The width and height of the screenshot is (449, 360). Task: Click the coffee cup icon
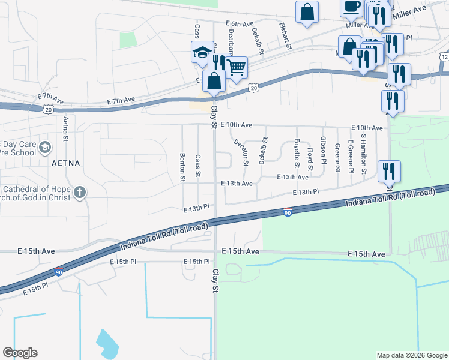(x=351, y=7)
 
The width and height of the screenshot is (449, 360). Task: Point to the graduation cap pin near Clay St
(x=202, y=52)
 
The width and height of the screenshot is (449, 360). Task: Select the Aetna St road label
(x=65, y=128)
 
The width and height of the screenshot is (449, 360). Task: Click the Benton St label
(x=182, y=167)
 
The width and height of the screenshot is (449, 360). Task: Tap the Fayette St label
(x=297, y=152)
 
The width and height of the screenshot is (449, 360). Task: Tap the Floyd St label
(x=310, y=158)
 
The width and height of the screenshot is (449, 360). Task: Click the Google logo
(x=20, y=353)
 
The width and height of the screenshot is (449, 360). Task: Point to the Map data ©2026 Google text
(x=411, y=355)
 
